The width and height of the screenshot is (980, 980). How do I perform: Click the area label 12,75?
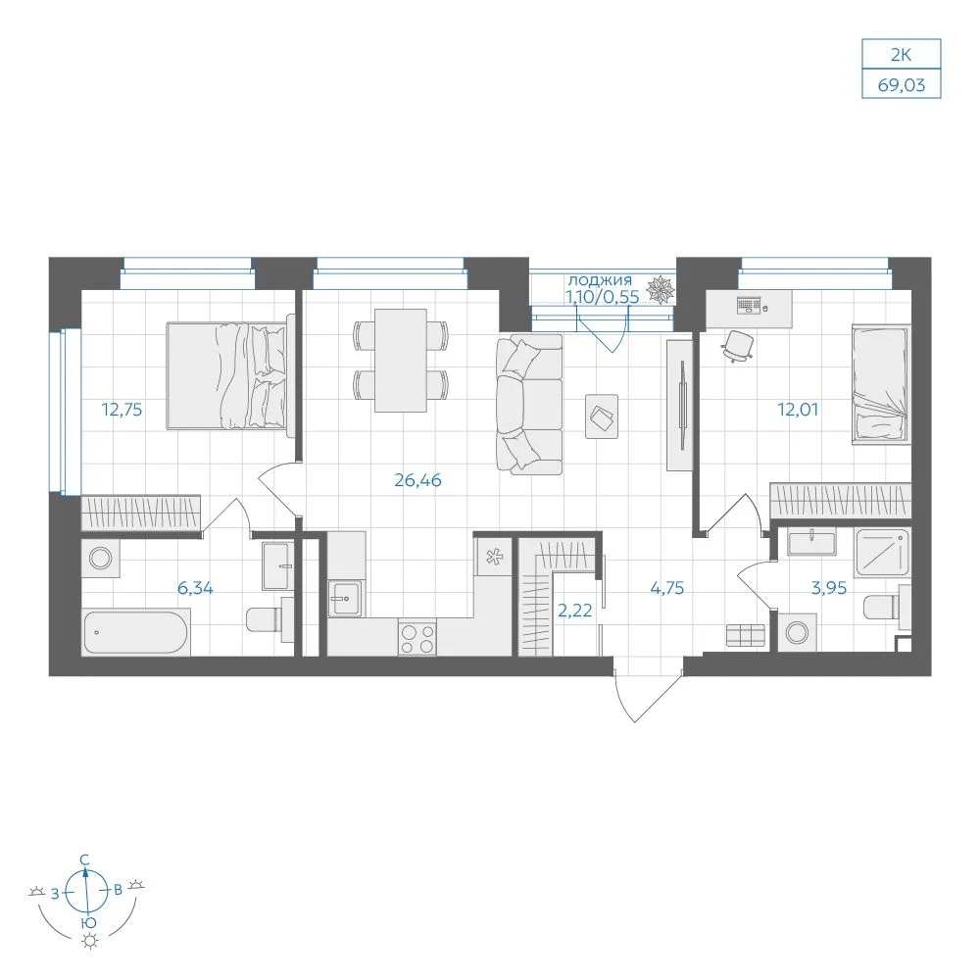pos(122,410)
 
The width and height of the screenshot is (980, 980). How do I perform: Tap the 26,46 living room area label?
pos(417,480)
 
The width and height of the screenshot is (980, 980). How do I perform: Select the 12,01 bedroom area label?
pos(798,410)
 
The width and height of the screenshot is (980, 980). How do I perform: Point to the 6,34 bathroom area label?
pos(195,588)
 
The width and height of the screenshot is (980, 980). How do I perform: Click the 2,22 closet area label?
pos(574,611)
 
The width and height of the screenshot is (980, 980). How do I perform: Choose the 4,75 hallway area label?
pos(666,588)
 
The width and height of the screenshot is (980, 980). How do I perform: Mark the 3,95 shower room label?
pos(829,588)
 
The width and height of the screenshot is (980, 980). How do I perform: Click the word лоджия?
pos(600,280)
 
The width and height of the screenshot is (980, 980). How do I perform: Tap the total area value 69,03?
pos(902,85)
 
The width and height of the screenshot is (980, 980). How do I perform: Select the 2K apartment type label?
pos(901,55)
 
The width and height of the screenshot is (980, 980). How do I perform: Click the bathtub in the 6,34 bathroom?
pos(135,633)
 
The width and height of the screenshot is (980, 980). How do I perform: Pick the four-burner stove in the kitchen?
pos(416,638)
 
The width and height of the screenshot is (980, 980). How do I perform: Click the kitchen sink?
pos(344,599)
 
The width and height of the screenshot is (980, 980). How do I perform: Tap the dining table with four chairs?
pos(401,361)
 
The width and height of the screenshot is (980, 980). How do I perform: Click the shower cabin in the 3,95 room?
pos(883,552)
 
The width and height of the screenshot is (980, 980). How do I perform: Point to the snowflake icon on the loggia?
pos(660,289)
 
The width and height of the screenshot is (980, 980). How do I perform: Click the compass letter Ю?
pos(89,922)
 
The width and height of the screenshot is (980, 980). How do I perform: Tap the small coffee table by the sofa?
pos(602,416)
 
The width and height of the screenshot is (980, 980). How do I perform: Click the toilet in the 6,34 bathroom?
pos(270,618)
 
